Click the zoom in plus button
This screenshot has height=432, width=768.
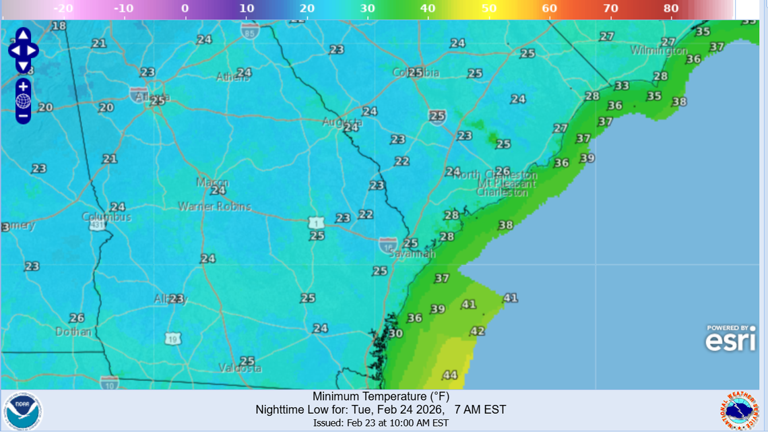pyautogui.click(x=23, y=87)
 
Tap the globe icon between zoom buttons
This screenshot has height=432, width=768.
pyautogui.click(x=23, y=102)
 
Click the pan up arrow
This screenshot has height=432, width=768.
pyautogui.click(x=23, y=36)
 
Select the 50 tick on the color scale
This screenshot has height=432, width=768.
pyautogui.click(x=488, y=9)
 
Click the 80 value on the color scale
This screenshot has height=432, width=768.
pyautogui.click(x=670, y=9)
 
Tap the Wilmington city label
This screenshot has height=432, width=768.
pyautogui.click(x=658, y=51)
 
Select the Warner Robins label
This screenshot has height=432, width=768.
pyautogui.click(x=214, y=206)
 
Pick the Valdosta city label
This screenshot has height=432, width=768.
pyautogui.click(x=240, y=369)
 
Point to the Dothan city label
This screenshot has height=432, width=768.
pyautogui.click(x=73, y=332)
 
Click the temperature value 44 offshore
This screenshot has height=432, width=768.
pyautogui.click(x=449, y=375)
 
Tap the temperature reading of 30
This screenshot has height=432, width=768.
pyautogui.click(x=395, y=333)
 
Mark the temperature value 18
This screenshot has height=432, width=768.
pyautogui.click(x=59, y=26)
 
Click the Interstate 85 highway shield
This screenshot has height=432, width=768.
pyautogui.click(x=251, y=31)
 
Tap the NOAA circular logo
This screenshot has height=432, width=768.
pyautogui.click(x=22, y=411)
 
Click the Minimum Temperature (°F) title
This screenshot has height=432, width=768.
pyautogui.click(x=381, y=396)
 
